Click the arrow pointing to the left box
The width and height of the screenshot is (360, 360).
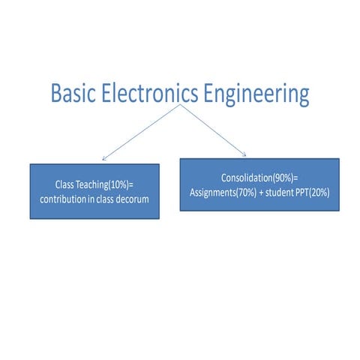(140, 132)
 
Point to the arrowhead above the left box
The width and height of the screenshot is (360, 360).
(104, 157)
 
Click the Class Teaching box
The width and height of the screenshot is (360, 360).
(94, 190)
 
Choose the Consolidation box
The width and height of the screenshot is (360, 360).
(259, 184)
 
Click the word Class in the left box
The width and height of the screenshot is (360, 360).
(65, 184)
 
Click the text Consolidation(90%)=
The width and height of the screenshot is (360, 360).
(259, 178)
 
